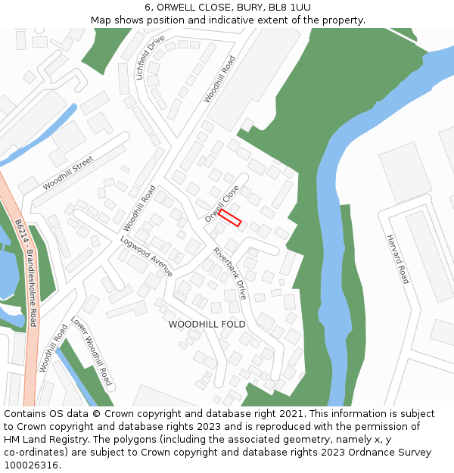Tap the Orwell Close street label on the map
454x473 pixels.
click(222, 203)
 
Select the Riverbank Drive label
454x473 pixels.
click(230, 273)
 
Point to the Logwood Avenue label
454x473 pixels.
click(146, 256)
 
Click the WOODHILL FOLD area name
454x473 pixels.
click(207, 324)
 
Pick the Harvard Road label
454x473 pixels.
click(397, 259)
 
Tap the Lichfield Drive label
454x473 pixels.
click(150, 58)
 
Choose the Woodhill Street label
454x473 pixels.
click(68, 173)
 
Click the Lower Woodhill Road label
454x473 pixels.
click(91, 351)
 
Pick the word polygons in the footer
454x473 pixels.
click(138, 440)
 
